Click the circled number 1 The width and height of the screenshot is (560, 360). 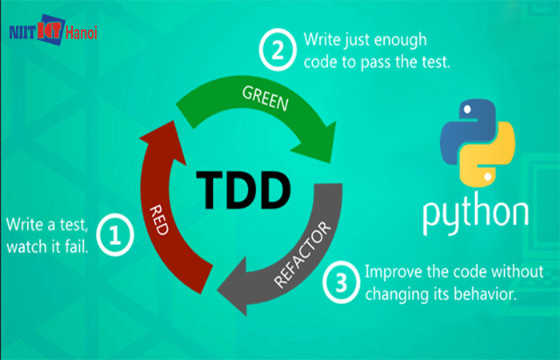(x=114, y=234)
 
